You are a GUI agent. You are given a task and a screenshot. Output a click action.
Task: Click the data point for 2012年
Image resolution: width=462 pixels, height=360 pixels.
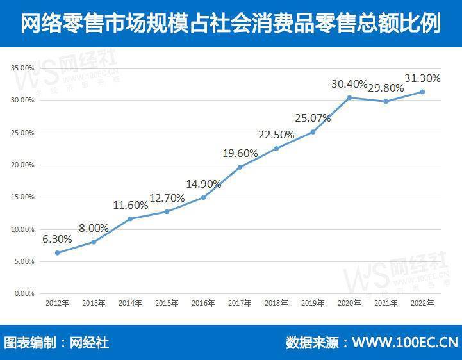(x=58, y=253)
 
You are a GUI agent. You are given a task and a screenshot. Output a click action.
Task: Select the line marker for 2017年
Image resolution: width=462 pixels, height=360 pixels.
(x=240, y=167)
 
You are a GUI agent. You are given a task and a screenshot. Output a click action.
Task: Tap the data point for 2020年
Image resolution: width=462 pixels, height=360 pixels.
(x=349, y=97)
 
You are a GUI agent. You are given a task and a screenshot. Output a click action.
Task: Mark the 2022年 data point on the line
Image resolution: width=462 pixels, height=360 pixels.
(x=422, y=92)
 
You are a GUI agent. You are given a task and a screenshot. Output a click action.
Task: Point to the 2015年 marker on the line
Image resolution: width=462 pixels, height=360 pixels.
(x=167, y=211)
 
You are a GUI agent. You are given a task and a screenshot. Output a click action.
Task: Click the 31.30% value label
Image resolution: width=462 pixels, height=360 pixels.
(x=422, y=78)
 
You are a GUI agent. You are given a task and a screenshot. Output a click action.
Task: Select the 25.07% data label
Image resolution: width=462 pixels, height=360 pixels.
(x=313, y=118)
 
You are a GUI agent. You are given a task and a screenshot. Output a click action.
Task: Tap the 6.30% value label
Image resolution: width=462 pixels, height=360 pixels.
(x=57, y=239)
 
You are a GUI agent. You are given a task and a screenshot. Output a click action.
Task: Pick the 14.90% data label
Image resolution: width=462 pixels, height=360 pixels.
(x=204, y=184)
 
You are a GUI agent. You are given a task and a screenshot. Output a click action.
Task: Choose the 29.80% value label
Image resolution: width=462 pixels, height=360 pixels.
(x=386, y=88)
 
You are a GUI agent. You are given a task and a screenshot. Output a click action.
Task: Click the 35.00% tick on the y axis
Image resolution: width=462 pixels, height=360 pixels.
(x=22, y=68)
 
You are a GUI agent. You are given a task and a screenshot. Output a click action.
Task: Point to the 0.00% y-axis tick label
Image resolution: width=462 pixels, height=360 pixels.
(x=24, y=293)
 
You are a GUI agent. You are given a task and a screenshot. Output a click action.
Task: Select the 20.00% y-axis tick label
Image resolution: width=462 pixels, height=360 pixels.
(x=22, y=165)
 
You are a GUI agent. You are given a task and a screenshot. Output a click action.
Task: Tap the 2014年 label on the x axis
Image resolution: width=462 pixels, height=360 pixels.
(x=130, y=303)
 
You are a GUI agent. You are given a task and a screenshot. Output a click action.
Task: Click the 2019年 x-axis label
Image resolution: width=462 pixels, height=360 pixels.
(x=313, y=303)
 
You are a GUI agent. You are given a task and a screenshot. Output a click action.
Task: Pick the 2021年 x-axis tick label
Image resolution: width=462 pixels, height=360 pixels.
(x=386, y=303)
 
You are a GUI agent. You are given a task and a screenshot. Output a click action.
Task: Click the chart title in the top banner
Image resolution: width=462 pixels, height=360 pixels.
(x=231, y=22)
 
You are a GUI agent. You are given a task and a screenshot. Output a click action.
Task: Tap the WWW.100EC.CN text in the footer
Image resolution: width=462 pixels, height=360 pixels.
(x=406, y=343)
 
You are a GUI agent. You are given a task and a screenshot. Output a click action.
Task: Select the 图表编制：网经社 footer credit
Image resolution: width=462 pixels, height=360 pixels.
(x=56, y=343)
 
